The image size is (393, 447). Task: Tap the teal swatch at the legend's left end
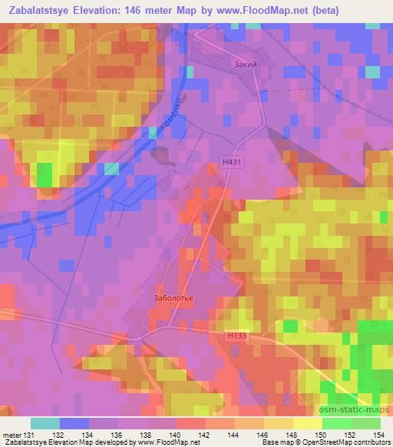tap(45, 422)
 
